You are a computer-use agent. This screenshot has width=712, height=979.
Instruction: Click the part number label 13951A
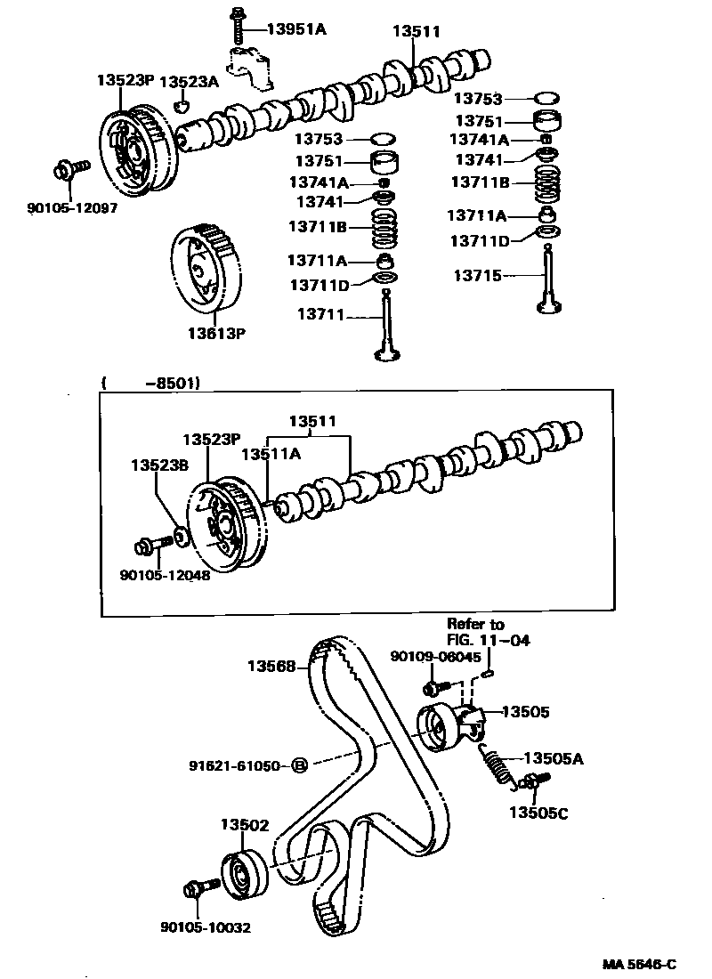296,29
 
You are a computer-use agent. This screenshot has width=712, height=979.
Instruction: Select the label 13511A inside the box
271,453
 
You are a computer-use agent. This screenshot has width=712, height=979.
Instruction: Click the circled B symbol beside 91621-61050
300,765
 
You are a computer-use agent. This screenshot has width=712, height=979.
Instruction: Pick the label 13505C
538,811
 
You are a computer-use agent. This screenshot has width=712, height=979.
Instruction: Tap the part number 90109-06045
435,657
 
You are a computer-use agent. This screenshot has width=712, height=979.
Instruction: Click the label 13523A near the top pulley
188,82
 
